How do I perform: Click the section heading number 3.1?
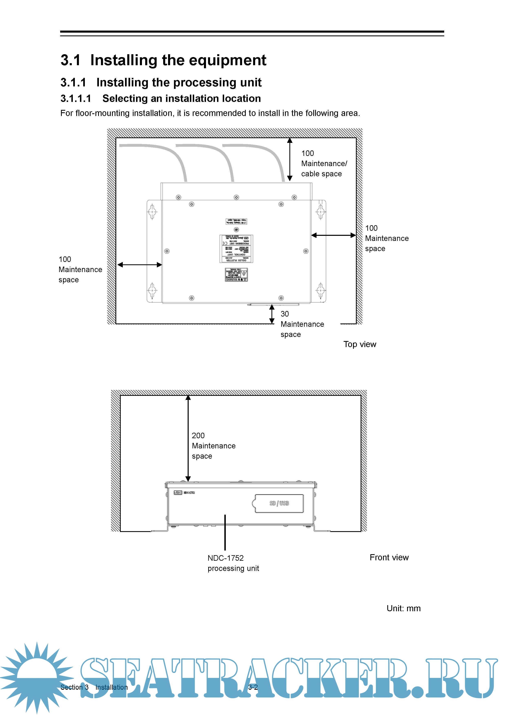pos(70,60)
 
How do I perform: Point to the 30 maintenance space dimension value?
pos(285,314)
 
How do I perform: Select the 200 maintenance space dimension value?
pos(198,435)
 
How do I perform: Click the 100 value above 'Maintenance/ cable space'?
pos(308,153)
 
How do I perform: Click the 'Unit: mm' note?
pos(403,608)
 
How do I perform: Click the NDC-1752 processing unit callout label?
pos(233,563)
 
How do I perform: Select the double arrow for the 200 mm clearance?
pos(188,438)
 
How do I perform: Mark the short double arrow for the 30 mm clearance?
pos(272,314)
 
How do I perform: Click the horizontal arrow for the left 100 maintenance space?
pos(140,265)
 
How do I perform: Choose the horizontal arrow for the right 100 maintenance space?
pos(333,235)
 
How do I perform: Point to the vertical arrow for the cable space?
pos(290,159)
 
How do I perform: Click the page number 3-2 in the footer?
pos(253,687)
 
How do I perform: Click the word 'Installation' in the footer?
pos(112,687)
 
